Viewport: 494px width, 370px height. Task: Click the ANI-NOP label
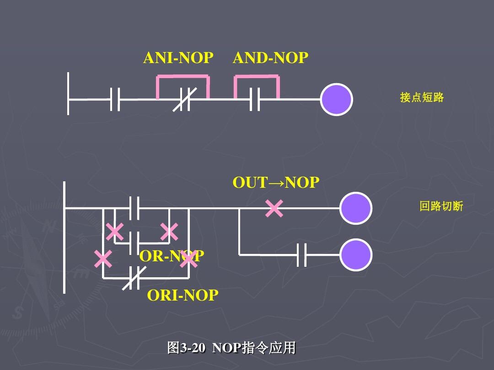[x=178, y=58]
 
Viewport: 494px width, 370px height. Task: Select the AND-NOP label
[x=270, y=58]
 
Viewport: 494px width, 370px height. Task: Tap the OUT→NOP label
[x=276, y=183]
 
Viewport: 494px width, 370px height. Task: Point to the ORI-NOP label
[x=183, y=296]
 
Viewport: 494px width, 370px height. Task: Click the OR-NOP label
[x=171, y=256]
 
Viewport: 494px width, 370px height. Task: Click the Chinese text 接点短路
[x=422, y=97]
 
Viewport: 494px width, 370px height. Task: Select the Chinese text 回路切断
[x=441, y=206]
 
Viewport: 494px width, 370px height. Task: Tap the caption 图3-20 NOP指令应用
[x=231, y=348]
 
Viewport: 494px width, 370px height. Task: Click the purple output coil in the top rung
[x=336, y=100]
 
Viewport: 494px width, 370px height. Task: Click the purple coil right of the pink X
[x=356, y=208]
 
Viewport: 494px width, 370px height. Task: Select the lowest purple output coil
[x=356, y=255]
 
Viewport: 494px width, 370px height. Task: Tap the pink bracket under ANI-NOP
[x=183, y=79]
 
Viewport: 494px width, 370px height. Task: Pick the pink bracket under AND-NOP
[x=257, y=79]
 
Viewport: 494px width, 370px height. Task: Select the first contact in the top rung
[x=115, y=100]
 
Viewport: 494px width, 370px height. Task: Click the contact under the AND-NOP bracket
[x=255, y=100]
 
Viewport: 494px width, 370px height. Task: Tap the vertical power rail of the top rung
[x=68, y=94]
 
